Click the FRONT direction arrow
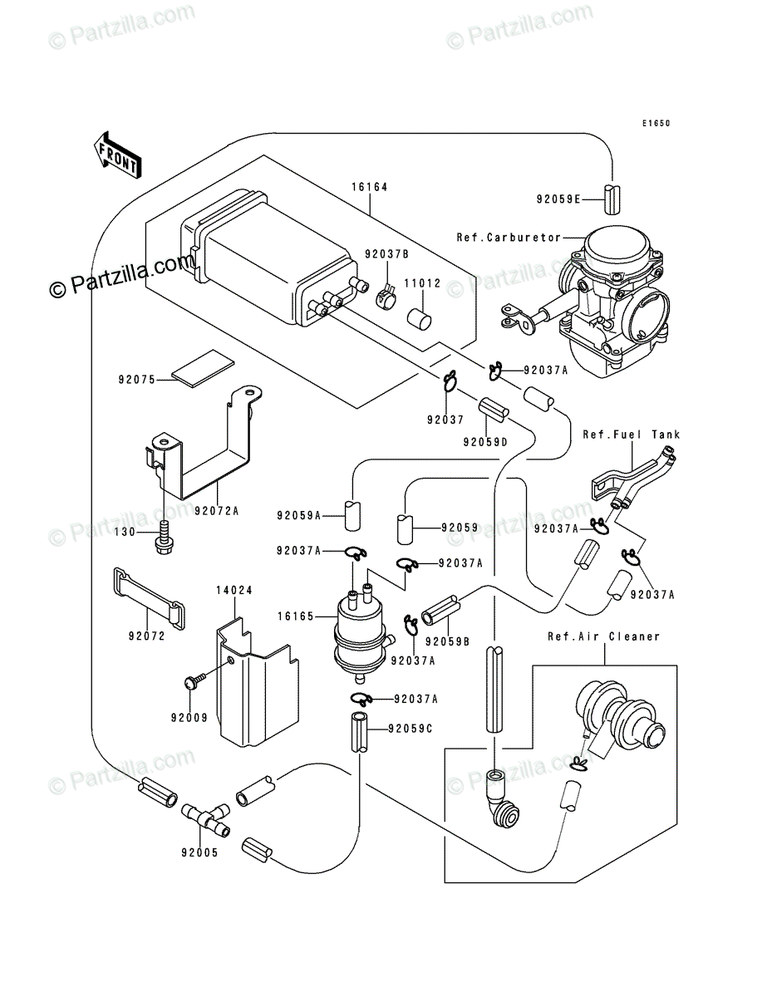tap(116, 155)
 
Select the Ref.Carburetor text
tap(509, 238)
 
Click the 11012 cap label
tap(422, 283)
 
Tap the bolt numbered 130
tap(164, 533)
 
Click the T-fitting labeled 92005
tap(203, 819)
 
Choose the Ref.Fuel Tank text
tap(631, 435)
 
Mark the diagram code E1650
tap(655, 124)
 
